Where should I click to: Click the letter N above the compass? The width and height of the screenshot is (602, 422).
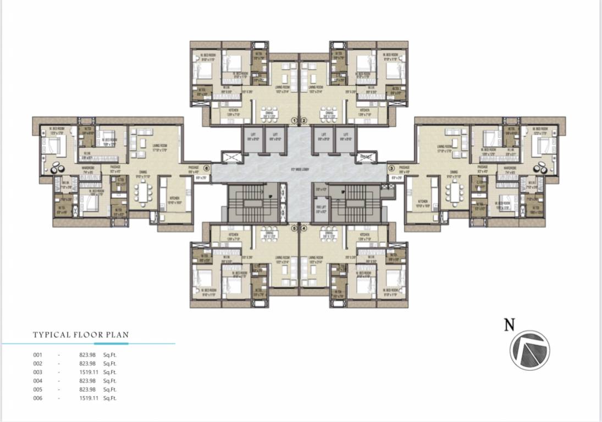click(x=510, y=325)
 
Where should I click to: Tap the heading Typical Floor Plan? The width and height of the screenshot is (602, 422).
click(x=81, y=334)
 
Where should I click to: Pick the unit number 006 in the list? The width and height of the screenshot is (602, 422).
click(x=37, y=398)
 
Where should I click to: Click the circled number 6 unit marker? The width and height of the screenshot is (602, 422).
click(x=207, y=168)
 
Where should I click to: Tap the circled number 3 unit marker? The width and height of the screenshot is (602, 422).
click(x=391, y=168)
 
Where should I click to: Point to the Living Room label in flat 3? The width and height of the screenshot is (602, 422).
click(x=445, y=147)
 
